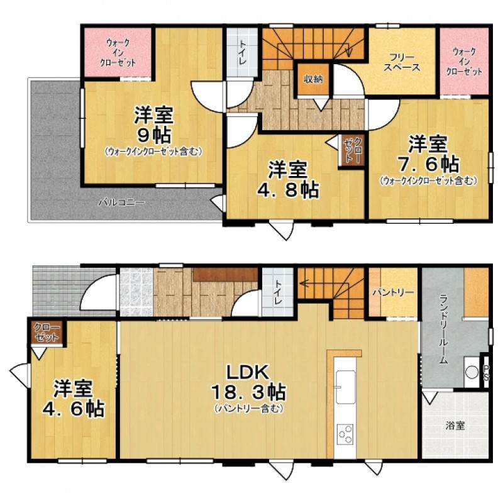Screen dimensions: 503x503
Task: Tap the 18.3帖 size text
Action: [x=248, y=392]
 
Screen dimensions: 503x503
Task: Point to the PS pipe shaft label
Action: [x=486, y=372]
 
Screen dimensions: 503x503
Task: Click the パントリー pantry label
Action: [x=394, y=292]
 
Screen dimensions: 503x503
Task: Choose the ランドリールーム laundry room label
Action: [x=443, y=329]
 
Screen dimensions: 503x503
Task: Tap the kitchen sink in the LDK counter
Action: [x=345, y=387]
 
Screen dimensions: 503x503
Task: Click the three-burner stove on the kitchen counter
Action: [x=345, y=434]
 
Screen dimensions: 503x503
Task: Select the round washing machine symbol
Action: [x=472, y=372]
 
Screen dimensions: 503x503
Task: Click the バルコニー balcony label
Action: [x=121, y=202]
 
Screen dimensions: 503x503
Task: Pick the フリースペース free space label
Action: [x=402, y=62]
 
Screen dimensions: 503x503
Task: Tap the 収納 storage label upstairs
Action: [x=313, y=79]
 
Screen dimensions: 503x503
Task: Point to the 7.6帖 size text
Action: [x=428, y=164]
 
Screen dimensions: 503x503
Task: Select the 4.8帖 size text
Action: [x=288, y=190]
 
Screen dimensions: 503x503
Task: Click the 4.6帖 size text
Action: [x=73, y=407]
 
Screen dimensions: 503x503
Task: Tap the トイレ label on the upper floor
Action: [x=241, y=53]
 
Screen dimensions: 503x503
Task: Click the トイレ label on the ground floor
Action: [x=278, y=292]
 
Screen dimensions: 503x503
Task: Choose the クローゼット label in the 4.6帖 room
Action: [x=47, y=333]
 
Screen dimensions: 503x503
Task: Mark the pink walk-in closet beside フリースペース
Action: [x=464, y=62]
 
